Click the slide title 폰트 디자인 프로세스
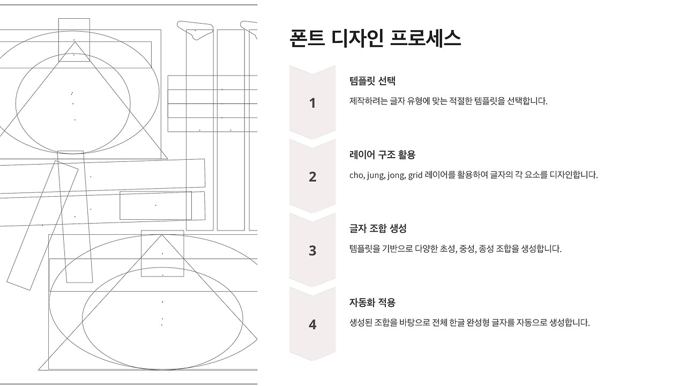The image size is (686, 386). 375,39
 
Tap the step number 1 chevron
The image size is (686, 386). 312,103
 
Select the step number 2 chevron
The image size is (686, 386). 312,176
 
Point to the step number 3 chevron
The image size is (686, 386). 312,250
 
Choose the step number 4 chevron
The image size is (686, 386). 312,324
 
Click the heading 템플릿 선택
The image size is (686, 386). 372,81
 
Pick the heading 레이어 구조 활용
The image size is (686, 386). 382,155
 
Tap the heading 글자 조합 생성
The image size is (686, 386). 378,228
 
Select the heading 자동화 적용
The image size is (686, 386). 372,302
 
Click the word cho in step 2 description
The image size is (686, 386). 356,175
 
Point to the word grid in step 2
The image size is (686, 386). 415,175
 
